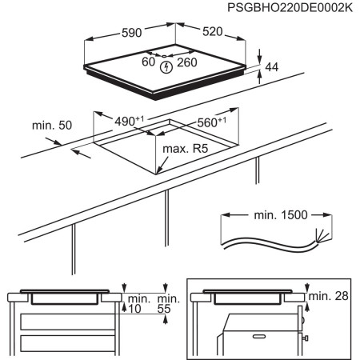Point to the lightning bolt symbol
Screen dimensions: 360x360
(x=166, y=67)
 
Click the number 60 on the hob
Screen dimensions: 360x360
(x=147, y=62)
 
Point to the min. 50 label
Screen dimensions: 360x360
(x=52, y=126)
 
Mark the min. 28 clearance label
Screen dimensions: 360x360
(x=329, y=296)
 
